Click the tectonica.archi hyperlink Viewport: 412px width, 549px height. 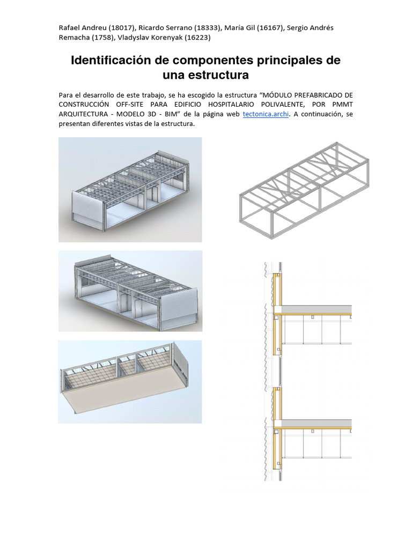[x=266, y=114]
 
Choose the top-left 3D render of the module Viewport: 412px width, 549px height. [x=130, y=189]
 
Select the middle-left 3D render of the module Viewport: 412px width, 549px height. [x=130, y=290]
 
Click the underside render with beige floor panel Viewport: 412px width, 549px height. [x=130, y=382]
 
